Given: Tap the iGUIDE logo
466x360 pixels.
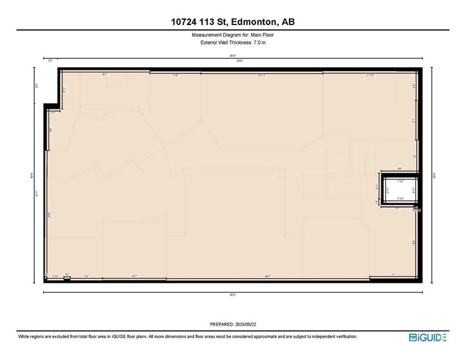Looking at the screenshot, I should (428, 337).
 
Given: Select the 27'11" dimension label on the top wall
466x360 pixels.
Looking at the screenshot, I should (261, 75).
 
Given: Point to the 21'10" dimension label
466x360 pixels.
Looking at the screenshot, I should (370, 75).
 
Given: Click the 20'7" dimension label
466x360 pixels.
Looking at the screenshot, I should (105, 75).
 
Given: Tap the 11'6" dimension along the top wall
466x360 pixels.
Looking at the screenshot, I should (175, 75).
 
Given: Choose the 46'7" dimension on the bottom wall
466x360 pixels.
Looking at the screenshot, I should (268, 276).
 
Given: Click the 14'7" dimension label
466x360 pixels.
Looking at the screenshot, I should (133, 276).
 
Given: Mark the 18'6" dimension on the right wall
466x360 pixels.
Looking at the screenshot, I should (414, 242).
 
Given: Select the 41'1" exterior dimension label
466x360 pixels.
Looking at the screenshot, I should (37, 194).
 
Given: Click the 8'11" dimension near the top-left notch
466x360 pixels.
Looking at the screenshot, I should (64, 89).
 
